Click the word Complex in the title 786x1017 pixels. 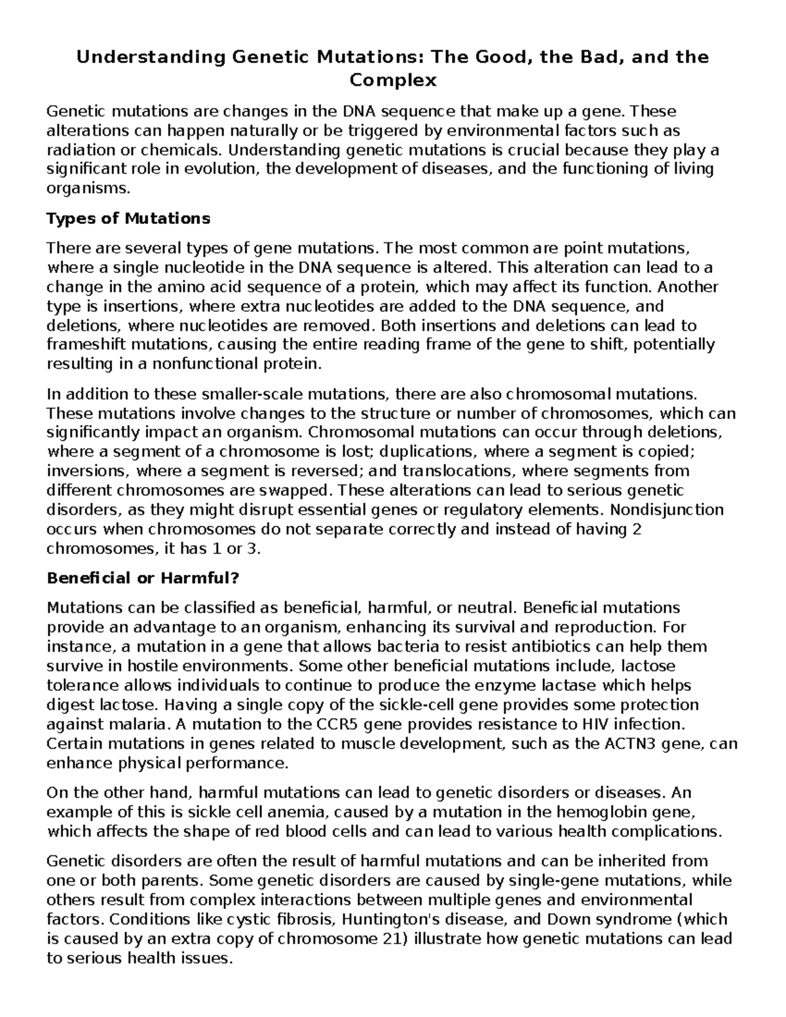point(393,81)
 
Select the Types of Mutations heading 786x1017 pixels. point(128,219)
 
